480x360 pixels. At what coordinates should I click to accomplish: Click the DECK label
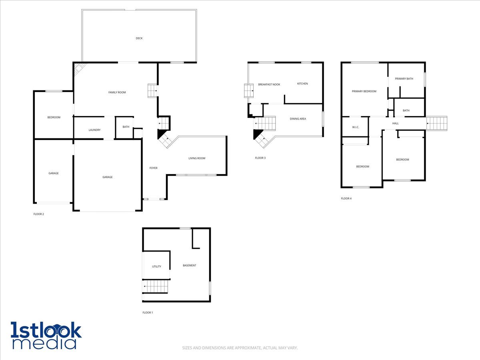[139, 38]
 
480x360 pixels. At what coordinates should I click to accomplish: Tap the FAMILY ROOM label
[117, 92]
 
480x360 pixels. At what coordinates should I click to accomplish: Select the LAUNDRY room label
[94, 130]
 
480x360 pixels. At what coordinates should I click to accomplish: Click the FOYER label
[153, 168]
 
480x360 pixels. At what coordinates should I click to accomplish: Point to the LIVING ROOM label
[197, 158]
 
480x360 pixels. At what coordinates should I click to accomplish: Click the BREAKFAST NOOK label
[269, 84]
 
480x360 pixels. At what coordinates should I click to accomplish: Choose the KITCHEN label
[302, 84]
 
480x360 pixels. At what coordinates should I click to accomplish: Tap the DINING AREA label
[298, 119]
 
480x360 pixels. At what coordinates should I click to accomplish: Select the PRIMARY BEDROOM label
[364, 91]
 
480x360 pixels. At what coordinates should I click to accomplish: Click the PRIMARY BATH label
[404, 79]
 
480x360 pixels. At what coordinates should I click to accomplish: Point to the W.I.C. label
[356, 128]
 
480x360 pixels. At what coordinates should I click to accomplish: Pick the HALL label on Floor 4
[396, 124]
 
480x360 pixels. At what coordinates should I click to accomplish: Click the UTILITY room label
[156, 266]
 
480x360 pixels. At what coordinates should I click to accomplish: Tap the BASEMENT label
[190, 266]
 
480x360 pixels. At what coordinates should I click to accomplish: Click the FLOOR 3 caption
[260, 158]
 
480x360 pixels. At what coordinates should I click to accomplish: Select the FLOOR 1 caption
[148, 312]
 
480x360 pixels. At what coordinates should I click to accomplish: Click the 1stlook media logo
[46, 335]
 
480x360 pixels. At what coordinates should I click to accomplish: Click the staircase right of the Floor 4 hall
[436, 123]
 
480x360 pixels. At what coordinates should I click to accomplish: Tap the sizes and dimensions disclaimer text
[240, 348]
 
